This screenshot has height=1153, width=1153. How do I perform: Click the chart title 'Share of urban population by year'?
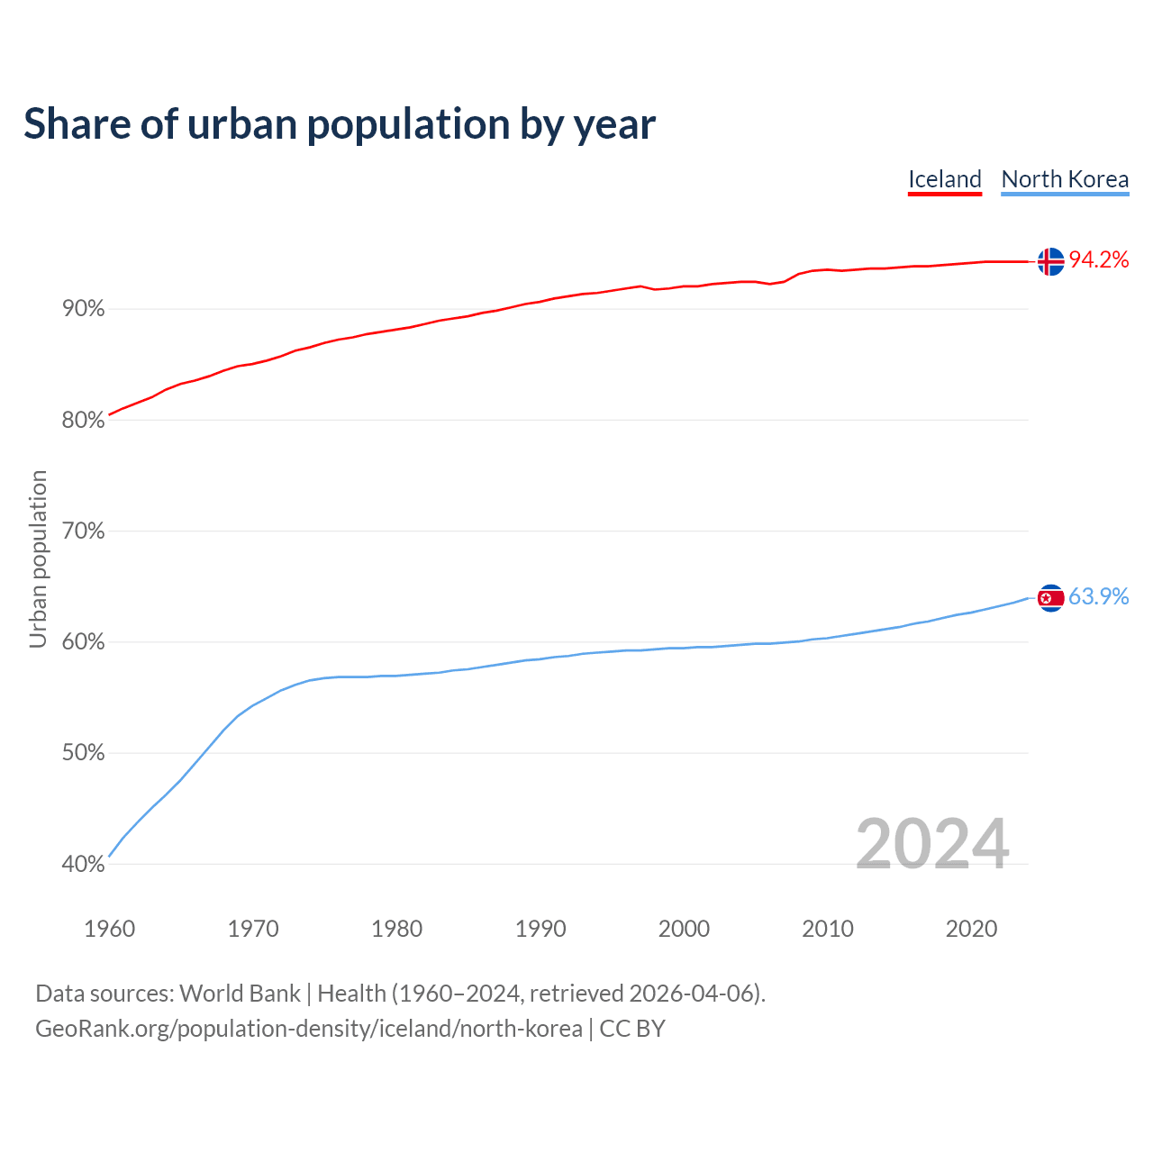pyautogui.click(x=340, y=124)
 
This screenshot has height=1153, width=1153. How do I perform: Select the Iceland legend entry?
pyautogui.click(x=944, y=179)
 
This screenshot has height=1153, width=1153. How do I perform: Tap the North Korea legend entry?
pyautogui.click(x=1065, y=179)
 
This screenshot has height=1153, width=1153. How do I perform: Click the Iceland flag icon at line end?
pyautogui.click(x=1050, y=261)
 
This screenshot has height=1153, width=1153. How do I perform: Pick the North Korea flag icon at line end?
pyautogui.click(x=1050, y=597)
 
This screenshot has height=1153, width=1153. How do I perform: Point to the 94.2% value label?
pyautogui.click(x=1098, y=260)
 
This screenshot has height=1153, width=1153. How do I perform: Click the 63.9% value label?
pyautogui.click(x=1098, y=597)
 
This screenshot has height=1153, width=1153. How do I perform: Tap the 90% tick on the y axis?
pyautogui.click(x=84, y=309)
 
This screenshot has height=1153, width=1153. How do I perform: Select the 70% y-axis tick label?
pyautogui.click(x=84, y=531)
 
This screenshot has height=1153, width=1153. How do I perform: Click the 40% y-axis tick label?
pyautogui.click(x=84, y=865)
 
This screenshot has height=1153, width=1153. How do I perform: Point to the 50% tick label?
pyautogui.click(x=84, y=753)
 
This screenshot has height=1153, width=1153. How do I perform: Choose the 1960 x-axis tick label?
pyautogui.click(x=109, y=929)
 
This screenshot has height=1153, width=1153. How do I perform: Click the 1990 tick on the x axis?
pyautogui.click(x=540, y=929)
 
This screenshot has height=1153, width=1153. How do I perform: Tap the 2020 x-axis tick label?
pyautogui.click(x=971, y=929)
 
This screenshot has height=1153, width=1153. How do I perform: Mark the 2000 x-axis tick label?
pyautogui.click(x=684, y=929)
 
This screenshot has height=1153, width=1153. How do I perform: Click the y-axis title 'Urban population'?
pyautogui.click(x=38, y=558)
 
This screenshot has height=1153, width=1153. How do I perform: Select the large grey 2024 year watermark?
pyautogui.click(x=931, y=844)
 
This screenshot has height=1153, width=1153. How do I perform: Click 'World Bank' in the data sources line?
pyautogui.click(x=240, y=994)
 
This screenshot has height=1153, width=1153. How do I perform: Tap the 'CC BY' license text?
pyautogui.click(x=632, y=1029)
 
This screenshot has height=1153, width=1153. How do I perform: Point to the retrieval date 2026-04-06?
pyautogui.click(x=691, y=994)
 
